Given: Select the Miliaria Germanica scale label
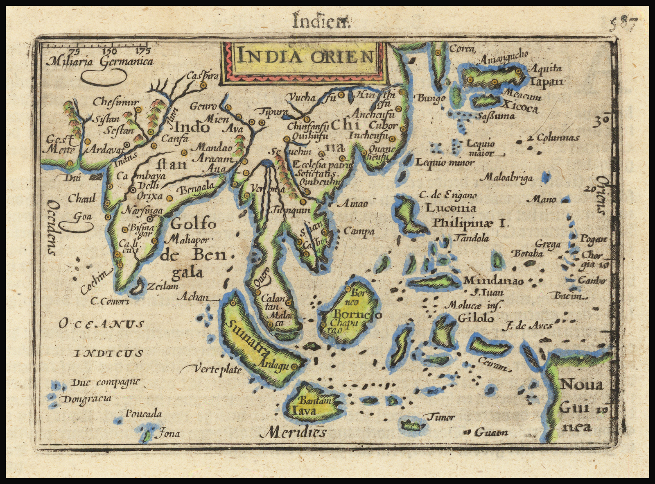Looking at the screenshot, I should [x=100, y=62].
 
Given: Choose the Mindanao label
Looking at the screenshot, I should [x=493, y=281].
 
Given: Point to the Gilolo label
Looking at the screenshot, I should [x=476, y=318].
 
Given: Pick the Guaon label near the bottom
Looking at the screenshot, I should [x=491, y=432].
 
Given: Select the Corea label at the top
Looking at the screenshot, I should [x=462, y=49].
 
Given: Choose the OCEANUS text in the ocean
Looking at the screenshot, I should [x=101, y=324].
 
